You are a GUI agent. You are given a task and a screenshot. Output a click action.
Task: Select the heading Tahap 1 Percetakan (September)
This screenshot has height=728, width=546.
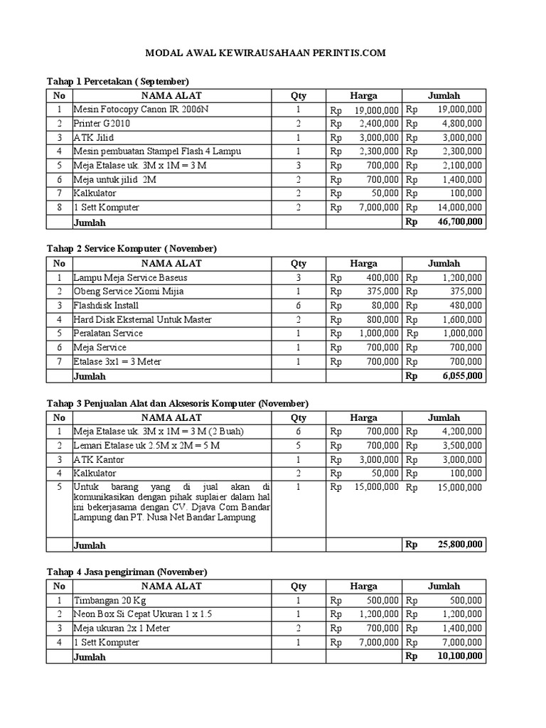pos(118,81)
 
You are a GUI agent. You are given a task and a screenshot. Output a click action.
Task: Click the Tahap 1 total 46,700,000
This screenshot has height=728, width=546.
pos(461,222)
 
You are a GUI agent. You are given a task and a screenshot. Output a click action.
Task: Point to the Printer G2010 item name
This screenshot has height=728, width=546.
pos(102,124)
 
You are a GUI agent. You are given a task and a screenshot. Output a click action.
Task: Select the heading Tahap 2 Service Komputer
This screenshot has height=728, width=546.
pos(132,249)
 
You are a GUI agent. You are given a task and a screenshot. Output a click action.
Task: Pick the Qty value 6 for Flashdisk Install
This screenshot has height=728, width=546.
pos(299,306)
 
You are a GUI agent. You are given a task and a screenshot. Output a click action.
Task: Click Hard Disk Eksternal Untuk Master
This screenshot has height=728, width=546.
pos(143,319)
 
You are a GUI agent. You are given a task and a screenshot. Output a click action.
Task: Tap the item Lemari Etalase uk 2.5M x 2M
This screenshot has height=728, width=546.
pos(146,445)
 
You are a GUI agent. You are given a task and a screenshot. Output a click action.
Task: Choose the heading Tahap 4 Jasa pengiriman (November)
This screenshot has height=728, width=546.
pos(127,572)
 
